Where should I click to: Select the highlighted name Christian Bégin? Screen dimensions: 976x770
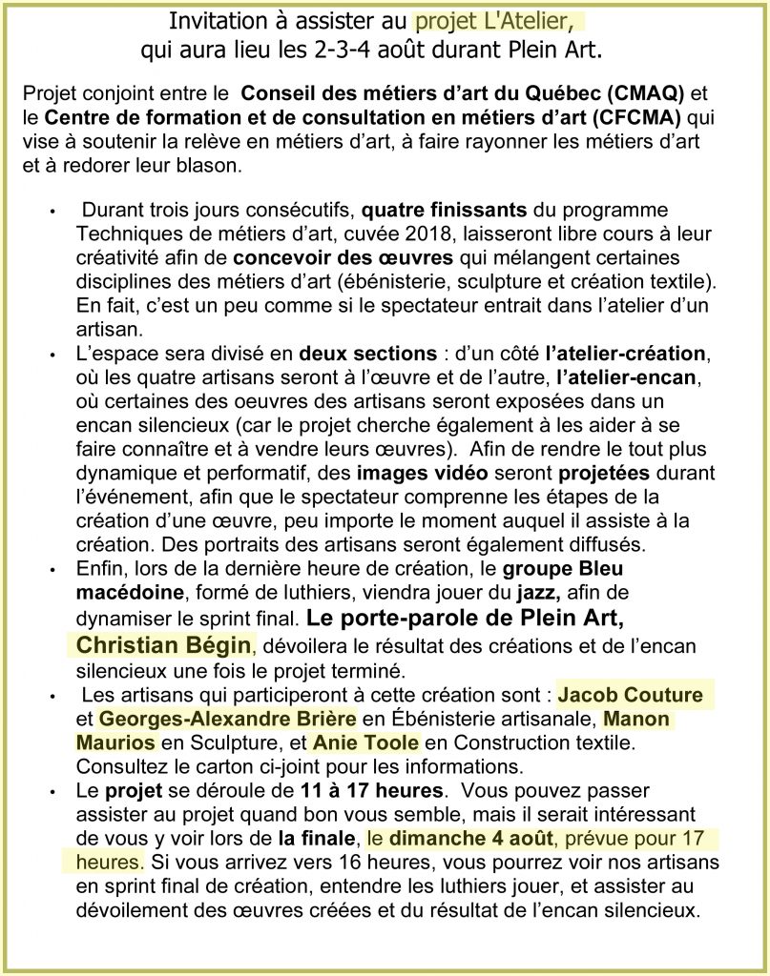(162, 644)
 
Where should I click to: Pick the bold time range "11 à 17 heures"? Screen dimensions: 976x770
(370, 791)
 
